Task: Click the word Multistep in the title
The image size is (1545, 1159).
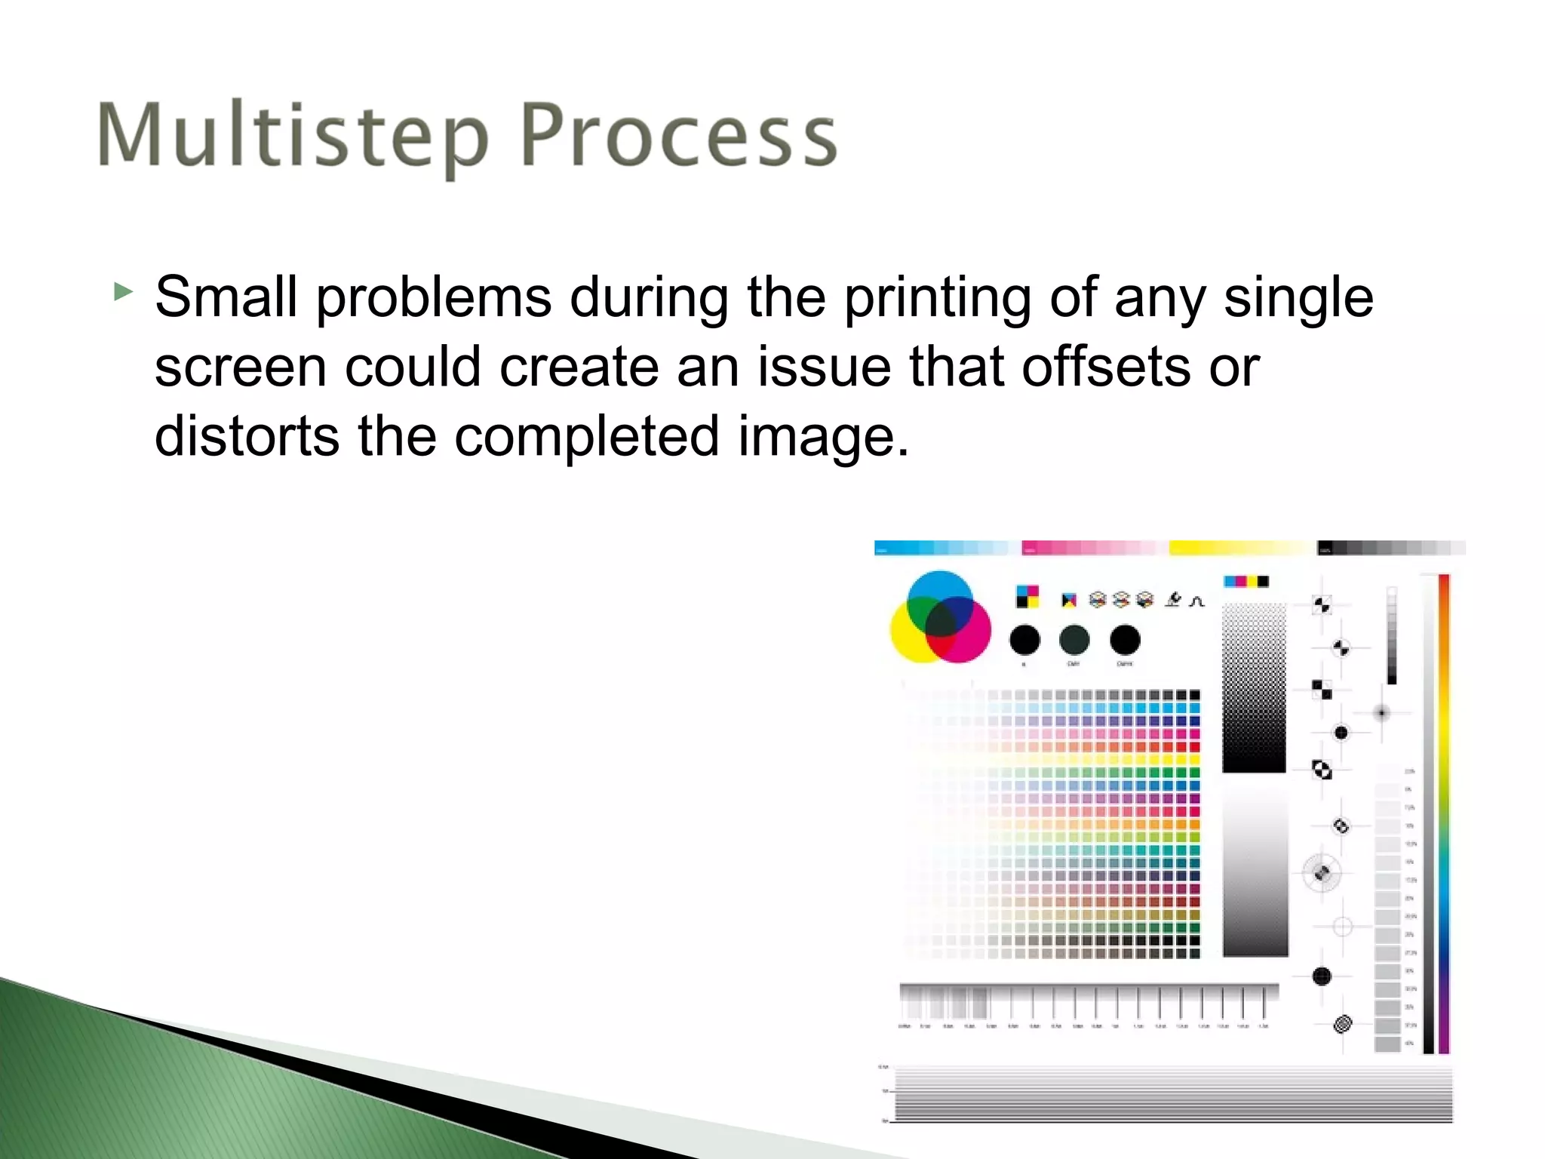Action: [293, 136]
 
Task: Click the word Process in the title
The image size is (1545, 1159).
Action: [679, 136]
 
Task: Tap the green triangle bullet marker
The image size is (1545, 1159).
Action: [123, 291]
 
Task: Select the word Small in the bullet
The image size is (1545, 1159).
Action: [226, 297]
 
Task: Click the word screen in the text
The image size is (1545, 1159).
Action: [240, 367]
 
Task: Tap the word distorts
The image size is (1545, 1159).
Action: [247, 437]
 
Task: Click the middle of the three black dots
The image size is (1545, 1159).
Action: [1074, 640]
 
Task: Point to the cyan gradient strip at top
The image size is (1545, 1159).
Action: [943, 548]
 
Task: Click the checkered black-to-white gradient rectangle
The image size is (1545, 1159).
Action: [1254, 687]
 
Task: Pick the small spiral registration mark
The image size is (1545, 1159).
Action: [1342, 1024]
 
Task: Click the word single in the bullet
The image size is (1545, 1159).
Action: [1298, 299]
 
